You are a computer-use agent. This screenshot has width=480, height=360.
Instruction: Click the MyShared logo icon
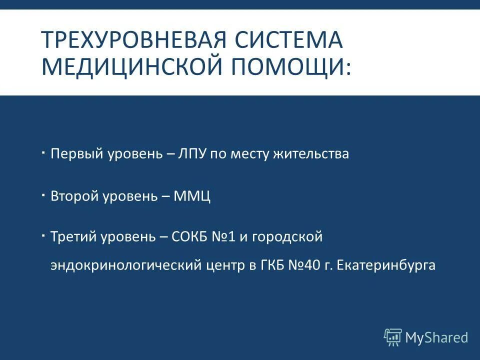393,337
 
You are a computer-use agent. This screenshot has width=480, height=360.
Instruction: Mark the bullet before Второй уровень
44,192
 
